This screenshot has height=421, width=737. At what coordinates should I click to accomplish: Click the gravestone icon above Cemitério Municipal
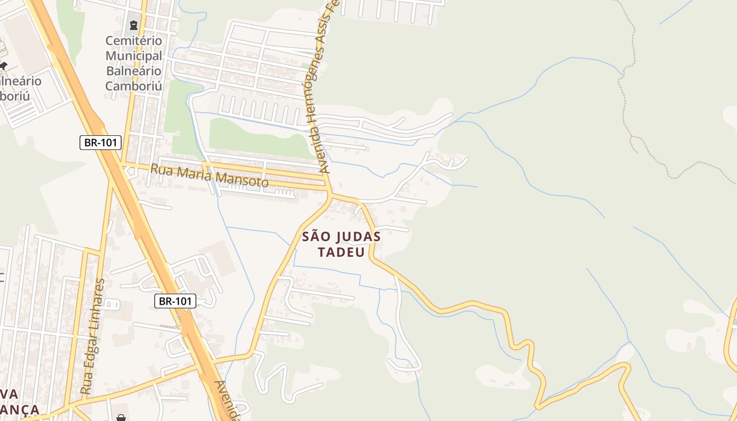click(x=133, y=25)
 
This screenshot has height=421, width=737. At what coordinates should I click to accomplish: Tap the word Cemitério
click(x=134, y=41)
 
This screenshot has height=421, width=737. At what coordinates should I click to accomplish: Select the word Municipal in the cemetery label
click(x=134, y=56)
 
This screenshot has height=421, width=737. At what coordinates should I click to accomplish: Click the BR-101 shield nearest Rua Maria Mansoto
click(x=101, y=142)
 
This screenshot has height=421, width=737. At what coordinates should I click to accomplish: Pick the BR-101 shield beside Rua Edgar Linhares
click(x=175, y=301)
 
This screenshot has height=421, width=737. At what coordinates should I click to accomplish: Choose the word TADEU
click(x=341, y=253)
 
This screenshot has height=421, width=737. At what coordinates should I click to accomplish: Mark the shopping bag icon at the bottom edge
click(x=121, y=417)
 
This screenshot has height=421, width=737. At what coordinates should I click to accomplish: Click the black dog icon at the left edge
click(x=3, y=66)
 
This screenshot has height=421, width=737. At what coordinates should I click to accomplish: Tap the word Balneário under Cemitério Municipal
click(x=134, y=71)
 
